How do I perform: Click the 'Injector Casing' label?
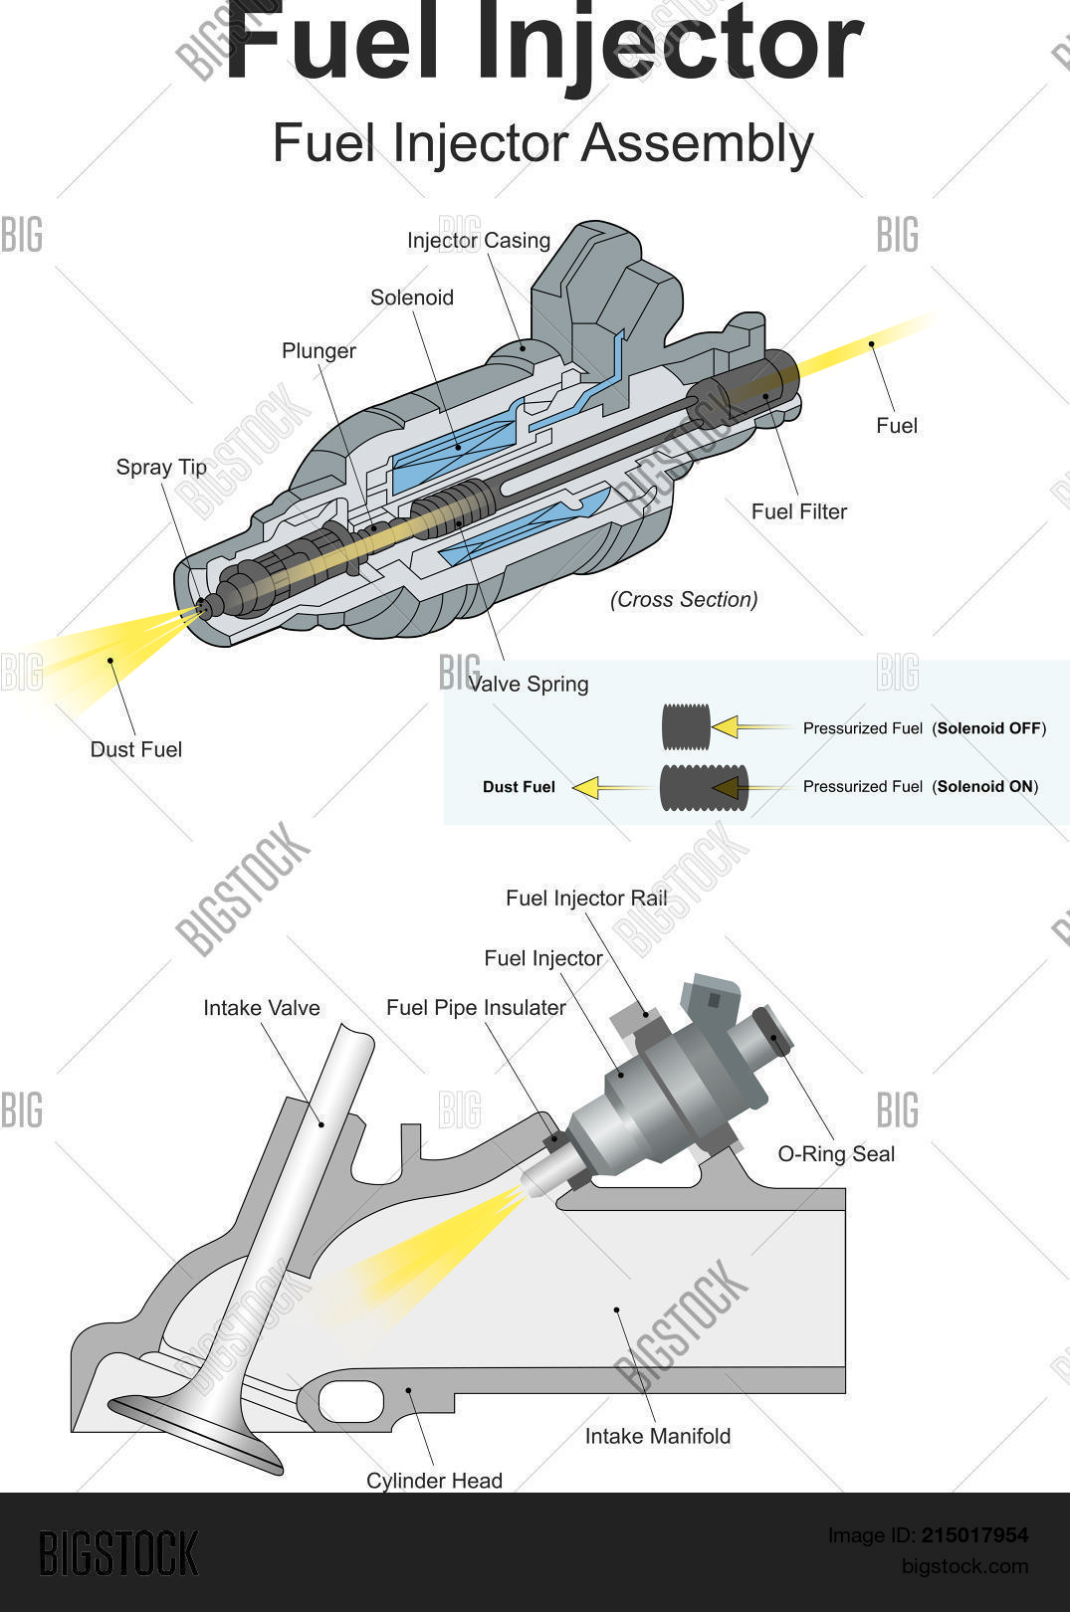[x=479, y=241]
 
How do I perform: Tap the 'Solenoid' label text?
[x=412, y=298]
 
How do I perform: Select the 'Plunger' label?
[x=319, y=351]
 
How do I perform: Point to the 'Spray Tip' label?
[x=161, y=468]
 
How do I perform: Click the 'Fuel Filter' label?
[x=799, y=511]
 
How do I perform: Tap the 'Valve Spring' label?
[x=529, y=685]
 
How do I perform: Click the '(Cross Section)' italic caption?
[x=684, y=600]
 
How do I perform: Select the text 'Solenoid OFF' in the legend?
[x=989, y=728]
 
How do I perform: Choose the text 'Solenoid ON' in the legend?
[x=984, y=786]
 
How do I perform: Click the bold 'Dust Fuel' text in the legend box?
[x=519, y=787]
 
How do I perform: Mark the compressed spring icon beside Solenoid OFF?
[x=686, y=727]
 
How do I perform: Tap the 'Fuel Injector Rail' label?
[x=586, y=899]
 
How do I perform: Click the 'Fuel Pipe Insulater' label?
[x=476, y=1008]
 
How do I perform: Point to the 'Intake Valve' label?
[x=262, y=1008]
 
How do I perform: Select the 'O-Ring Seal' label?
[x=836, y=1154]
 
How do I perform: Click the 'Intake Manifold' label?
[x=658, y=1436]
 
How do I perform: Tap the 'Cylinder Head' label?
[x=434, y=1481]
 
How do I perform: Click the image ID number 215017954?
[x=973, y=1535]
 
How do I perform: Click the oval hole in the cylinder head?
[x=350, y=1401]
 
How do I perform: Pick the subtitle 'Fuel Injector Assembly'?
[x=542, y=143]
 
